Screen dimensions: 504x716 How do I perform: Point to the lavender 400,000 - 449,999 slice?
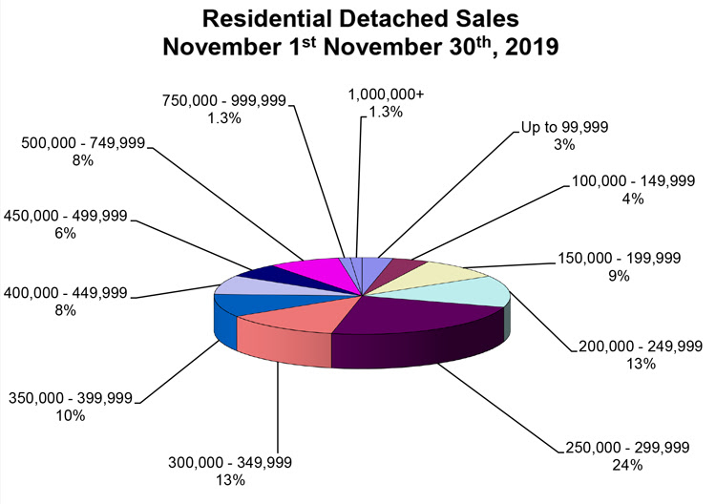(x=243, y=284)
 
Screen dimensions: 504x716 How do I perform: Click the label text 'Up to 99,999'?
(x=564, y=127)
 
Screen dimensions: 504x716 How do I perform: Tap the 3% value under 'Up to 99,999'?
(x=564, y=144)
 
